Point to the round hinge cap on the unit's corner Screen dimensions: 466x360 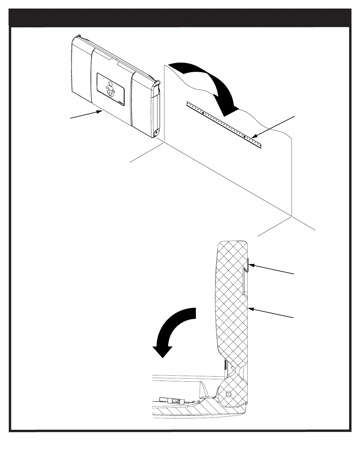[x=156, y=132]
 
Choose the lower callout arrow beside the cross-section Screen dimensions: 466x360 [x=271, y=313]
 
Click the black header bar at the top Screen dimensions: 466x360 [x=180, y=18]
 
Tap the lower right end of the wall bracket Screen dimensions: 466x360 [x=259, y=145]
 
